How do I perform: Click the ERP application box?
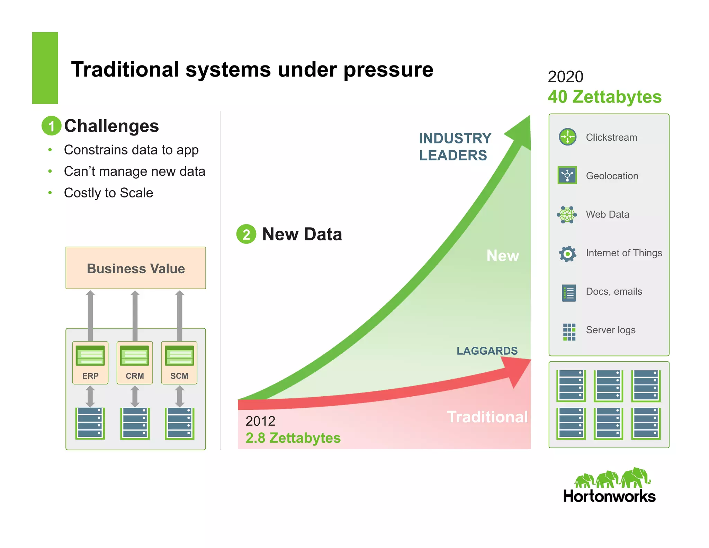pos(90,363)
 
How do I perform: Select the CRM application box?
pos(135,363)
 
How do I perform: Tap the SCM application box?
pos(179,363)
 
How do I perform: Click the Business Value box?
pos(136,268)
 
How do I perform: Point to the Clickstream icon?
pos(567,137)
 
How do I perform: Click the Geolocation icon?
pos(567,175)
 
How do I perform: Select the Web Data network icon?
pos(567,215)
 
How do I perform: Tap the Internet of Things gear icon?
pos(567,254)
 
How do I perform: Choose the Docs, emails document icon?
pos(569,293)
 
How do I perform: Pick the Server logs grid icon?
pos(569,332)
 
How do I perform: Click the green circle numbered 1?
pos(51,126)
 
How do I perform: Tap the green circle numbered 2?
pos(246,234)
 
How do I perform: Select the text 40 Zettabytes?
pos(604,97)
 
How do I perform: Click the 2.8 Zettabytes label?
pos(293,438)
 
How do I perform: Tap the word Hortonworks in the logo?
pos(609,496)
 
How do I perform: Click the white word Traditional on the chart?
pos(487,417)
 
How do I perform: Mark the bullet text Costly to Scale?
pos(108,193)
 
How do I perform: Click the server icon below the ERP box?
pos(90,423)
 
